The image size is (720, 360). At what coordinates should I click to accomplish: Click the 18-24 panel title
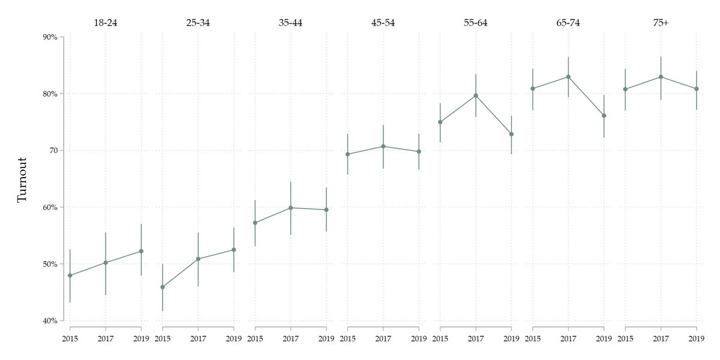pyautogui.click(x=106, y=23)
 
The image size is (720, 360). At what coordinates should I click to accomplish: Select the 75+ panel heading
pyautogui.click(x=661, y=23)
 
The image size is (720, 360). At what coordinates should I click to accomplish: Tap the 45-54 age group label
pyautogui.click(x=383, y=23)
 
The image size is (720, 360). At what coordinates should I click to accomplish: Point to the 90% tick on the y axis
pyautogui.click(x=50, y=37)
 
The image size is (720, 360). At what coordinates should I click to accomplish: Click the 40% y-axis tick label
pyautogui.click(x=50, y=321)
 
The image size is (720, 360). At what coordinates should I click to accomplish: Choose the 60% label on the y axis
pyautogui.click(x=50, y=208)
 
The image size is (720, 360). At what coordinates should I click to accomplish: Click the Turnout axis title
pyautogui.click(x=22, y=179)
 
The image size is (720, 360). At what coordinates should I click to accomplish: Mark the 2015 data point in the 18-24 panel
pyautogui.click(x=70, y=275)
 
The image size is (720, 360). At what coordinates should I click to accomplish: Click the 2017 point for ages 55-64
pyautogui.click(x=476, y=95)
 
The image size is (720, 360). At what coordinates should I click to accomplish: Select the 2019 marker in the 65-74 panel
pyautogui.click(x=604, y=116)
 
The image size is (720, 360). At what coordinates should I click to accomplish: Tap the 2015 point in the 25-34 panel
pyautogui.click(x=163, y=287)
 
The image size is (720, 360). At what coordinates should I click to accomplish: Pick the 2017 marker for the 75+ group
pyautogui.click(x=661, y=77)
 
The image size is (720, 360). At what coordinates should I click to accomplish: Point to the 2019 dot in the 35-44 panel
pyautogui.click(x=326, y=209)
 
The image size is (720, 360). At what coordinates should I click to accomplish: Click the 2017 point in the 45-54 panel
pyautogui.click(x=383, y=146)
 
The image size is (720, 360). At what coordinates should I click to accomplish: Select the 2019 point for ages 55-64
pyautogui.click(x=511, y=134)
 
